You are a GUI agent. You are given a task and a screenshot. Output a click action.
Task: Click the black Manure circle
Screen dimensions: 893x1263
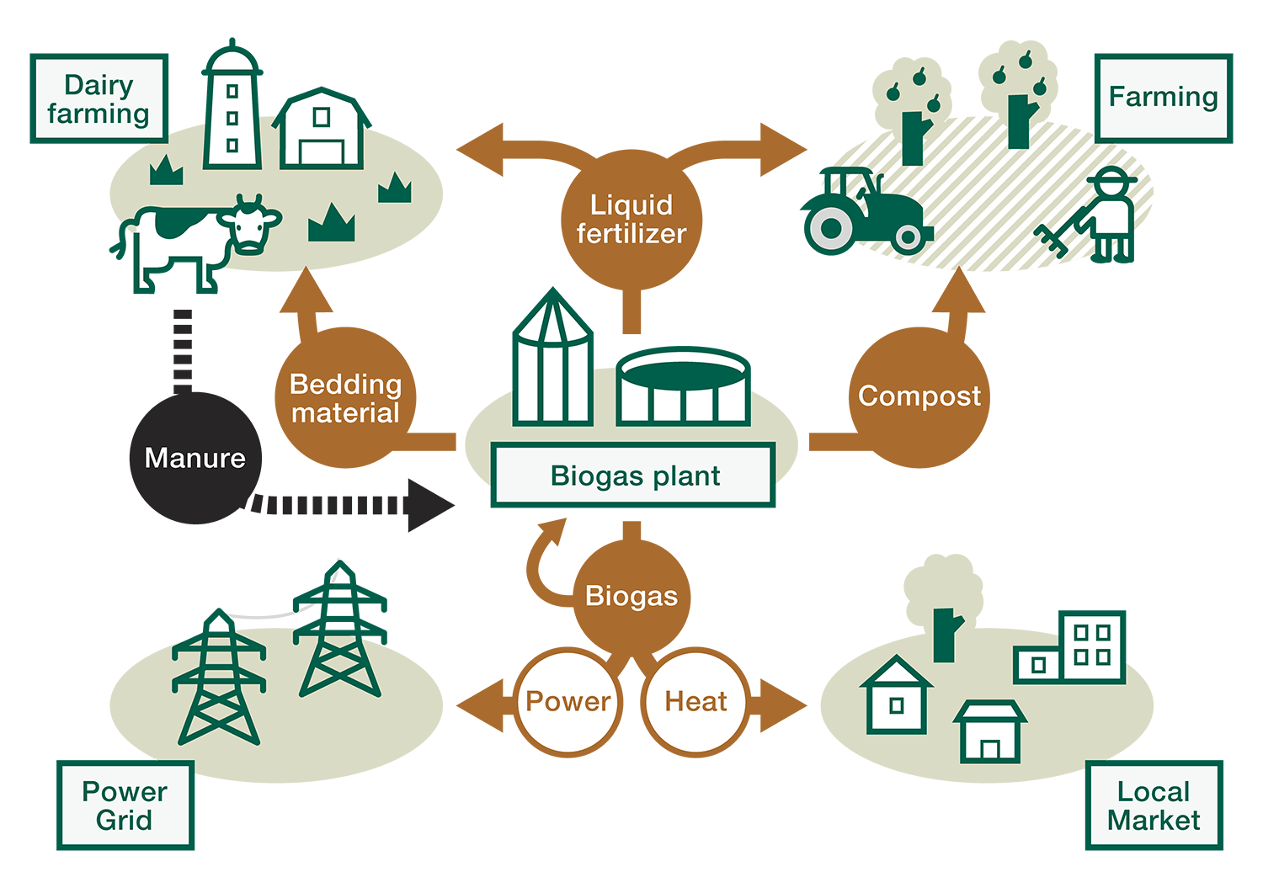pos(195,458)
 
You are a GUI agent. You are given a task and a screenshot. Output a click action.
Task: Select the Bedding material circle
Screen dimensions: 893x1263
pos(345,398)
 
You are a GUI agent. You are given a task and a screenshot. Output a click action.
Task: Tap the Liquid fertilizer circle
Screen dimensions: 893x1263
pos(631,219)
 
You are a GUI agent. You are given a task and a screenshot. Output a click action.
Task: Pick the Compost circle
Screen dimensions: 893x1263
pos(919,396)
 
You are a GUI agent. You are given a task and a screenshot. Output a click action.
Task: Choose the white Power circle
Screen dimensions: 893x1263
pos(568,701)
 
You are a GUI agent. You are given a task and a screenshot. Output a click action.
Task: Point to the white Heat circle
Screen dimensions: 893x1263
pos(695,701)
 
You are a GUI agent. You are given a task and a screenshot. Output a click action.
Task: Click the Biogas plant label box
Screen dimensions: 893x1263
pos(633,476)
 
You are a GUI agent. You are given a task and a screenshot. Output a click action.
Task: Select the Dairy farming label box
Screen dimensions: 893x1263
pos(99,99)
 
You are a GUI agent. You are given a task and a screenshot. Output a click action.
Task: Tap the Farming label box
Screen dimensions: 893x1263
pos(1163,98)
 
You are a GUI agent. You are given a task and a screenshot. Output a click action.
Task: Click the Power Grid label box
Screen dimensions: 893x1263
pos(125,805)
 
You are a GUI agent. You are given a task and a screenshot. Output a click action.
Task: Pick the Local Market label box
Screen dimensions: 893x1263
pos(1154,805)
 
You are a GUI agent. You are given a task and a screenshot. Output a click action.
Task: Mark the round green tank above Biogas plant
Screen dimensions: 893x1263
pos(683,387)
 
